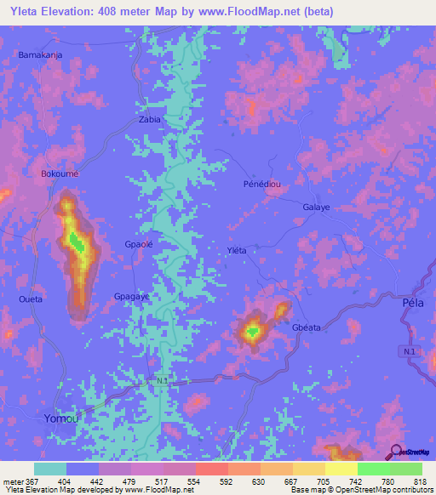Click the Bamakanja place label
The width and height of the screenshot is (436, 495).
click(x=41, y=54)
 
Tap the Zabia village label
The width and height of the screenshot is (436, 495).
click(x=149, y=120)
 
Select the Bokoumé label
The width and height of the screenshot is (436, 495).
click(x=60, y=174)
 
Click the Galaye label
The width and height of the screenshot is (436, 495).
click(x=316, y=207)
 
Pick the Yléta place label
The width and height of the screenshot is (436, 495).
click(x=236, y=250)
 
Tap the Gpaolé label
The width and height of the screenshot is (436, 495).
click(x=139, y=244)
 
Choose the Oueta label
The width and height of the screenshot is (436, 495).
click(x=30, y=299)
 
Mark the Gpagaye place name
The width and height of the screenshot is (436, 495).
click(x=132, y=296)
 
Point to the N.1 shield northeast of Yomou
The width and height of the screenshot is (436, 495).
click(x=163, y=382)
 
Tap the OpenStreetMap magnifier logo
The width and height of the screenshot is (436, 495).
click(x=397, y=451)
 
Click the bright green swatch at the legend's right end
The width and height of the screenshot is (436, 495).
click(x=405, y=469)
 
